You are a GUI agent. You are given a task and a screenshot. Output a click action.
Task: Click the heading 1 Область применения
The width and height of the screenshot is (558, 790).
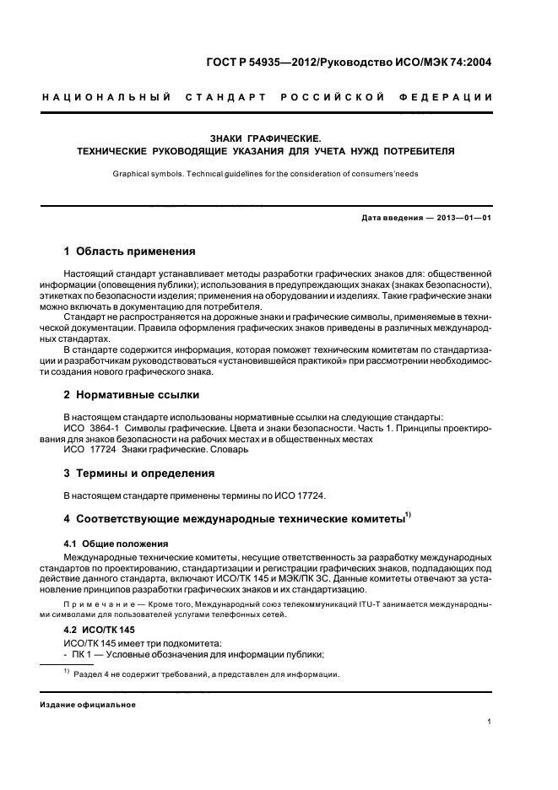130,251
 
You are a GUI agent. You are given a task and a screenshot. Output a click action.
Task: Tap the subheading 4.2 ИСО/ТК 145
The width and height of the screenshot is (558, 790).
100,630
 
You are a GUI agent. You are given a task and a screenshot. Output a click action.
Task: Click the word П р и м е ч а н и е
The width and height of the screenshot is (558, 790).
100,605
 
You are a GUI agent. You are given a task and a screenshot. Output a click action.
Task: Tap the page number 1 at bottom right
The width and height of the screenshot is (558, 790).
490,722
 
